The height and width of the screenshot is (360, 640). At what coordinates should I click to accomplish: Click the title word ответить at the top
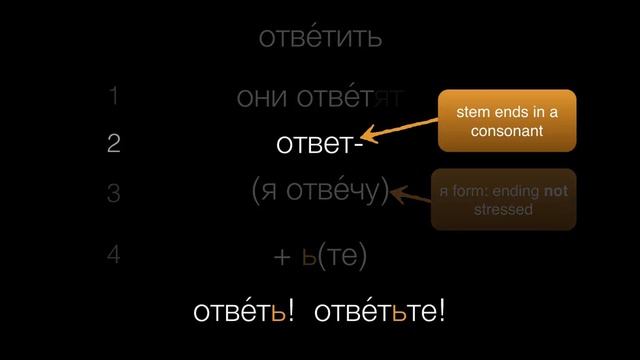(320, 39)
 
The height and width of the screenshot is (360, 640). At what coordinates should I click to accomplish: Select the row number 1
(114, 97)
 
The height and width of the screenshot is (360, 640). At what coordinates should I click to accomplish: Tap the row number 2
(114, 144)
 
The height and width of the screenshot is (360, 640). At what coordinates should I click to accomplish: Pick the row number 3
(114, 193)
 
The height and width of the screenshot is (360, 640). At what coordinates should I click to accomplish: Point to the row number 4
(114, 255)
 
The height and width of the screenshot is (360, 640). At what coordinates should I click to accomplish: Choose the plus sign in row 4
(281, 257)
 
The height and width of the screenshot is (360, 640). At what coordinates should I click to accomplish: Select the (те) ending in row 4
(344, 257)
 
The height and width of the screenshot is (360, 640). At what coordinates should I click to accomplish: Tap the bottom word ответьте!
(379, 311)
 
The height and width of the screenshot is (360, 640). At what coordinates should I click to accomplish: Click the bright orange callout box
(507, 121)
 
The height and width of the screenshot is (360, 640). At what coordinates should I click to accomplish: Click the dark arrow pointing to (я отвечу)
(410, 194)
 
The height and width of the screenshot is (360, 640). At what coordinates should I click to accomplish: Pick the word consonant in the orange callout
(507, 131)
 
